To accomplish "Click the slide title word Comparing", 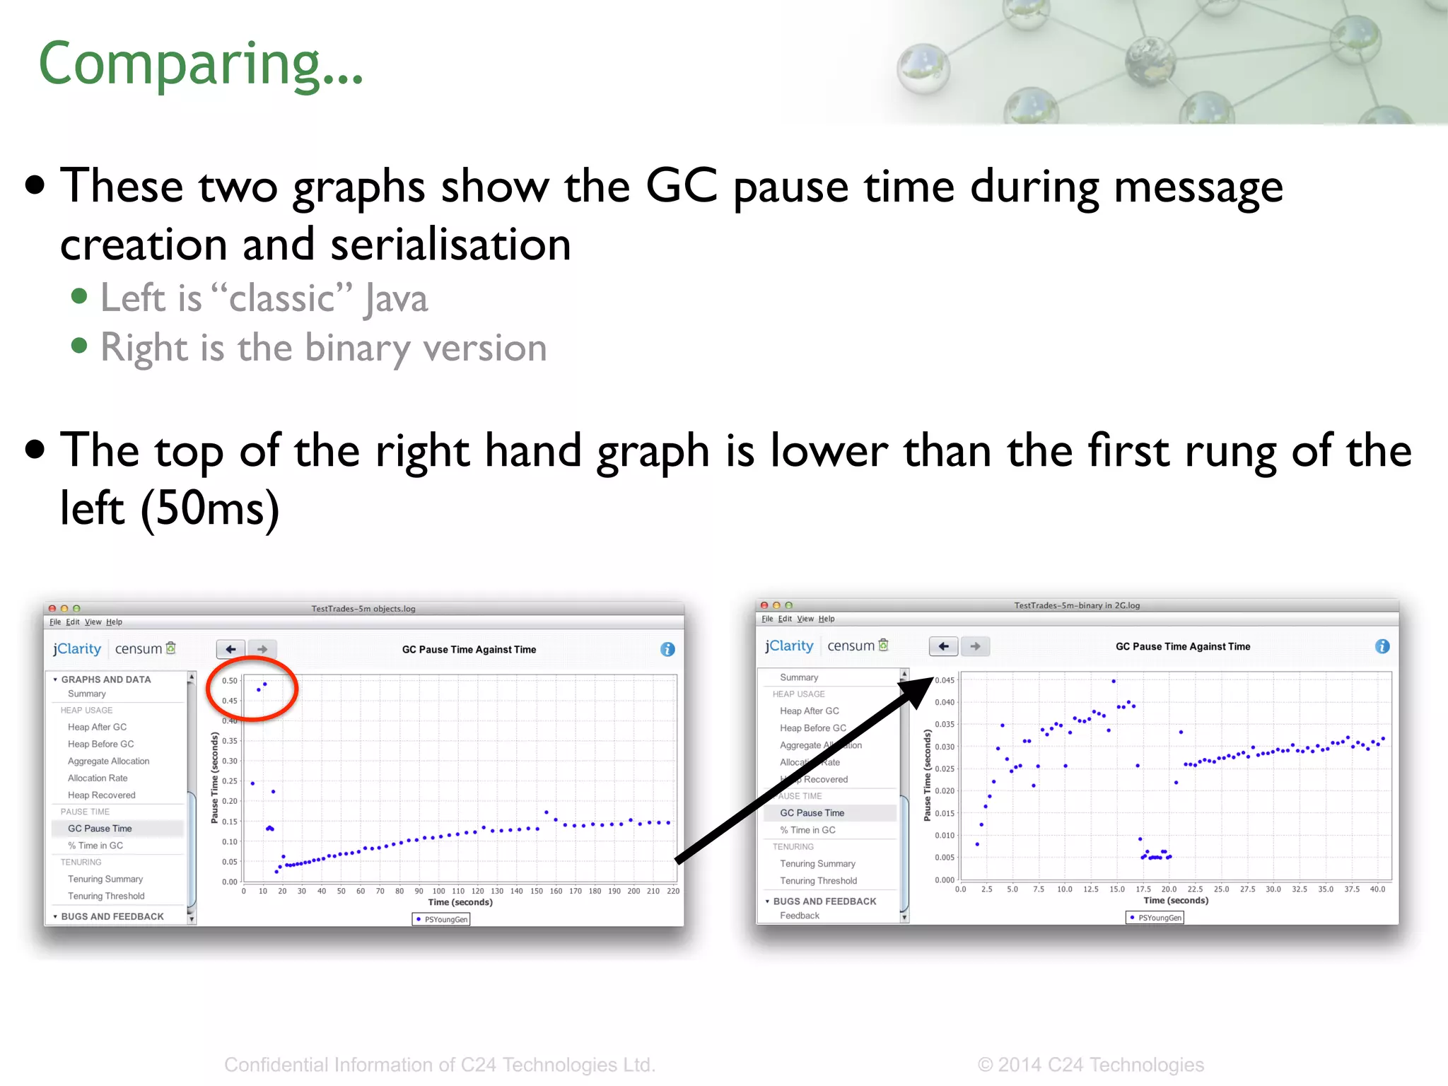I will point(201,64).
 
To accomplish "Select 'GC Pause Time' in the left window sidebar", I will point(100,829).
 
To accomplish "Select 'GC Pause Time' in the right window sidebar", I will point(812,813).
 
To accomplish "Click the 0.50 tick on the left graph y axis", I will point(230,681).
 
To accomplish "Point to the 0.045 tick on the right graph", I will point(945,680).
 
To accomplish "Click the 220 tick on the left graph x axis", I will point(673,891).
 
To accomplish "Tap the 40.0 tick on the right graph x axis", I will point(1377,889).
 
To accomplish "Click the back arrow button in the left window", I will point(230,649).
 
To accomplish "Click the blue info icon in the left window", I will point(667,649).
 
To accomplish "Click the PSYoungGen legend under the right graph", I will point(1155,918).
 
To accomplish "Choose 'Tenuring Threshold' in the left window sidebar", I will point(106,896).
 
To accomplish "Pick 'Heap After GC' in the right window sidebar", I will point(809,711).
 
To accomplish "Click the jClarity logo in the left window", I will point(77,649).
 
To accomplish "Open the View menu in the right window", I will point(805,619).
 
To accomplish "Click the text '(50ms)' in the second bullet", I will point(211,508).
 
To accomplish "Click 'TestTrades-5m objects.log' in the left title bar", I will point(363,609).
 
